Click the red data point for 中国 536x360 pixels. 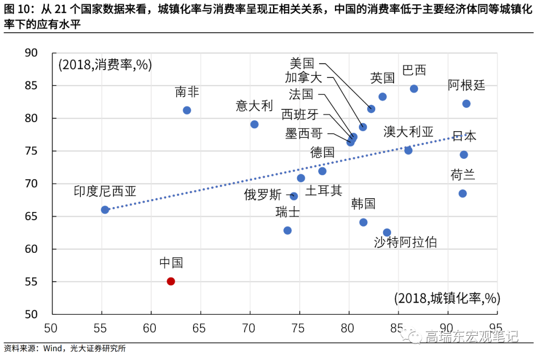pyautogui.click(x=171, y=281)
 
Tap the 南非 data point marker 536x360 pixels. pyautogui.click(x=187, y=110)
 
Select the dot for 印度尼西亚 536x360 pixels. pyautogui.click(x=105, y=210)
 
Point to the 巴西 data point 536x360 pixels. pyautogui.click(x=414, y=89)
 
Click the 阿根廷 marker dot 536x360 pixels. pyautogui.click(x=466, y=104)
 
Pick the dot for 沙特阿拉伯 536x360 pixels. pyautogui.click(x=387, y=232)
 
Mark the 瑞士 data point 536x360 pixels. pyautogui.click(x=287, y=230)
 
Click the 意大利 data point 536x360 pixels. pyautogui.click(x=255, y=124)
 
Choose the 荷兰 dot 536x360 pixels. pyautogui.click(x=463, y=193)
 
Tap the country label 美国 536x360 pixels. pyautogui.click(x=302, y=63)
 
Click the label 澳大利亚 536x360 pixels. pyautogui.click(x=408, y=132)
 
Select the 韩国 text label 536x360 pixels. pyautogui.click(x=363, y=204)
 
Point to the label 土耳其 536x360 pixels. pyautogui.click(x=324, y=191)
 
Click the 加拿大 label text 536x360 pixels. pyautogui.click(x=303, y=77)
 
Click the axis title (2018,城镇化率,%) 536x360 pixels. pyautogui.click(x=447, y=298)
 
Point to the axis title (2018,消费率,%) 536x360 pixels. pyautogui.click(x=105, y=65)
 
